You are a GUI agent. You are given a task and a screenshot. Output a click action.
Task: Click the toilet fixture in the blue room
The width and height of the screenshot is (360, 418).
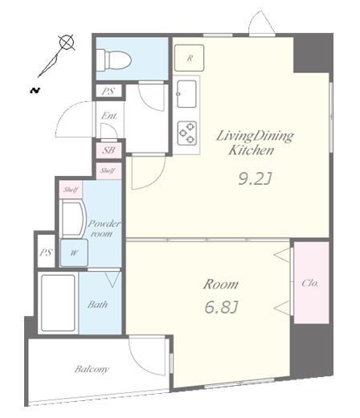click(x=113, y=60)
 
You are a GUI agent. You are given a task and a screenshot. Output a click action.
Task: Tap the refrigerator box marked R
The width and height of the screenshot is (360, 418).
click(x=189, y=58)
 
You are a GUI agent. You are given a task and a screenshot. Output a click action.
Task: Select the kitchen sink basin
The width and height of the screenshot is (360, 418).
click(x=186, y=94)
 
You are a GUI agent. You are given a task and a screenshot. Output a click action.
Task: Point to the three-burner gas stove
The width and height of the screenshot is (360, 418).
click(x=187, y=133)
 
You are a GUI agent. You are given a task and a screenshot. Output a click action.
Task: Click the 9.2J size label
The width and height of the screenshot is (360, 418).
click(x=256, y=178)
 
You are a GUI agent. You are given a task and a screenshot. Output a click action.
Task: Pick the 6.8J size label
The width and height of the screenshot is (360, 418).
click(x=221, y=307)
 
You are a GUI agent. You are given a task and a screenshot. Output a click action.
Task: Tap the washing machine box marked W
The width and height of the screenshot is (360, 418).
click(x=74, y=252)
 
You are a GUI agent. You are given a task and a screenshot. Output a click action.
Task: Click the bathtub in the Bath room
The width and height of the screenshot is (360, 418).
click(x=58, y=303)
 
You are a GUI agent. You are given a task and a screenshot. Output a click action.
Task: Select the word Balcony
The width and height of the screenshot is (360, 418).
click(x=92, y=369)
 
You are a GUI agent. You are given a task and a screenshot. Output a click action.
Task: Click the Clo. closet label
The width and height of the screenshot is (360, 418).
click(x=310, y=283)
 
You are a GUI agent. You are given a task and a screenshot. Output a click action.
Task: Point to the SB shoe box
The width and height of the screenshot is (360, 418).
click(x=108, y=150)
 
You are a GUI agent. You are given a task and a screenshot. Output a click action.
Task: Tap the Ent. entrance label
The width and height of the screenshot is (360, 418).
click(x=109, y=116)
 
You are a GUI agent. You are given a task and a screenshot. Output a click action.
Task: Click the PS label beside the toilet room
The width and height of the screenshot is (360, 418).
click(x=108, y=92)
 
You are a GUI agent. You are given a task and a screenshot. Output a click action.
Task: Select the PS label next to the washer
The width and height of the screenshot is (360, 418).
click(x=46, y=252)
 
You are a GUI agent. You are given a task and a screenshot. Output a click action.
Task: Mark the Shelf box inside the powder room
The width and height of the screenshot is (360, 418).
click(x=71, y=190)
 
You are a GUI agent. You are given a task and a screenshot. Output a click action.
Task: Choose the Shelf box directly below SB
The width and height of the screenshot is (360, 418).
click(x=108, y=170)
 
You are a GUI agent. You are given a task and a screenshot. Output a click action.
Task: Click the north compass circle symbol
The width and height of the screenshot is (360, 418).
click(x=67, y=42)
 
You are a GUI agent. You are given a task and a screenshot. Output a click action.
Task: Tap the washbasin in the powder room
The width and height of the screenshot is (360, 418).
click(x=72, y=218)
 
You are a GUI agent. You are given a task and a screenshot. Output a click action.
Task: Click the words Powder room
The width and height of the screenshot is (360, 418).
click(x=103, y=228)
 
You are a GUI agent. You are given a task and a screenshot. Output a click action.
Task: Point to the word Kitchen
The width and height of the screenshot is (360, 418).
click(x=251, y=150)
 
